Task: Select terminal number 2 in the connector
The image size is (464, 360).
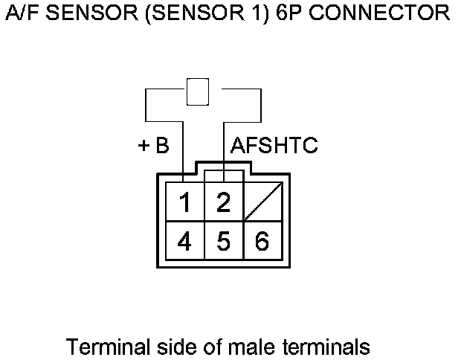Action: coord(222,202)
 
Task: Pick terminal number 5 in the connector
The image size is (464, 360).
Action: coord(222,241)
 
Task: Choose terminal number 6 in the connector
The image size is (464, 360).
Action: coord(262,241)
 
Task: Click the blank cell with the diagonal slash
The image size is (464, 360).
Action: coord(262,201)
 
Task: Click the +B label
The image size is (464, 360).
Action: coord(154,146)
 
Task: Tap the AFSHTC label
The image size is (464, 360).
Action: coord(274,146)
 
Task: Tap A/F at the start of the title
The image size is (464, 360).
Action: coord(22,13)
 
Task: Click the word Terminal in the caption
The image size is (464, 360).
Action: coord(100,347)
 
